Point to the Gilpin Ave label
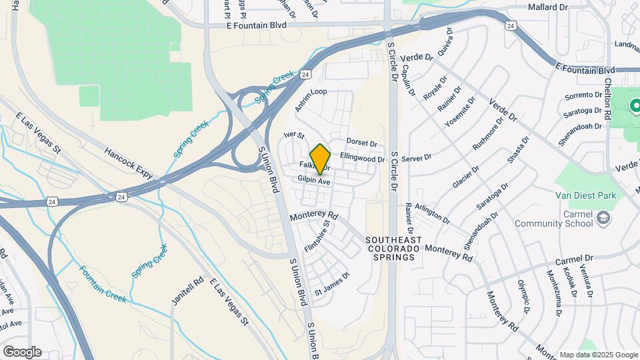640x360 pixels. [x=314, y=181]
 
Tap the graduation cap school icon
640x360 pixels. [x=603, y=218]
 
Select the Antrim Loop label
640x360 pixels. [x=311, y=100]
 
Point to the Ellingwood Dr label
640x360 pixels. [x=363, y=159]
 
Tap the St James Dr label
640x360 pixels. [x=332, y=283]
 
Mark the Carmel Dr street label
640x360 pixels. [x=574, y=259]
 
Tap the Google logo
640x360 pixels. [x=21, y=352]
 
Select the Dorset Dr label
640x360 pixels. [x=361, y=143]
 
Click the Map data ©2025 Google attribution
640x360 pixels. [x=598, y=355]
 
